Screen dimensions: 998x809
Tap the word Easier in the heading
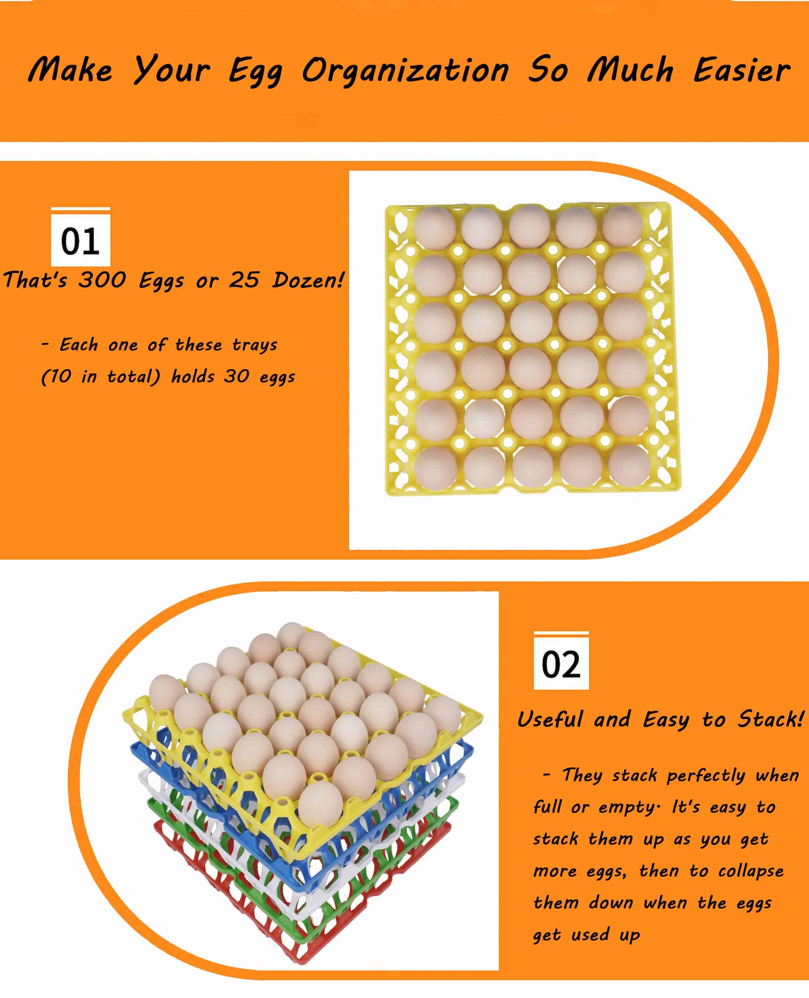coord(741,71)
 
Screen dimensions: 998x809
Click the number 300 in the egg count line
coord(102,280)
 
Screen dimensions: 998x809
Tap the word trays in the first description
coord(254,345)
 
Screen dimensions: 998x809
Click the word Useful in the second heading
coord(550,719)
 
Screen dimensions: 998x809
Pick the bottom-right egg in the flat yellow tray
coord(629,466)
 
